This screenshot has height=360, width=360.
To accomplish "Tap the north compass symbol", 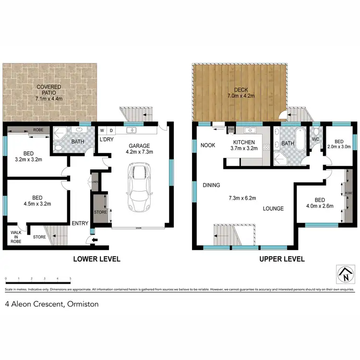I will coord(345,275).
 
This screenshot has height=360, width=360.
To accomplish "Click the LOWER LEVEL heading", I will coord(96,259).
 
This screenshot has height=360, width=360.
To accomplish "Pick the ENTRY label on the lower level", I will coord(79,224).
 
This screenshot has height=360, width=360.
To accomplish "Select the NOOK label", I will coord(207,145).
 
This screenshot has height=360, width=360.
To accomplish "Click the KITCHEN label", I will coord(244,143).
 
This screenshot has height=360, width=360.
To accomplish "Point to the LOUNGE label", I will coord(273,209).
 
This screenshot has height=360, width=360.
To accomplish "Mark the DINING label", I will coord(211,185).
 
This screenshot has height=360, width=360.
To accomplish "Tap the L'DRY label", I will coord(106,139).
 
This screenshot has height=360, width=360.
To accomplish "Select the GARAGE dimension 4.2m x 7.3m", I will coord(139,152).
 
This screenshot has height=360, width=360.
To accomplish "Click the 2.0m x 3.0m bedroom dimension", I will coord(339,147).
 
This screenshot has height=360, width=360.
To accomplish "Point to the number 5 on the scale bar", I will coord(71,278).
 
